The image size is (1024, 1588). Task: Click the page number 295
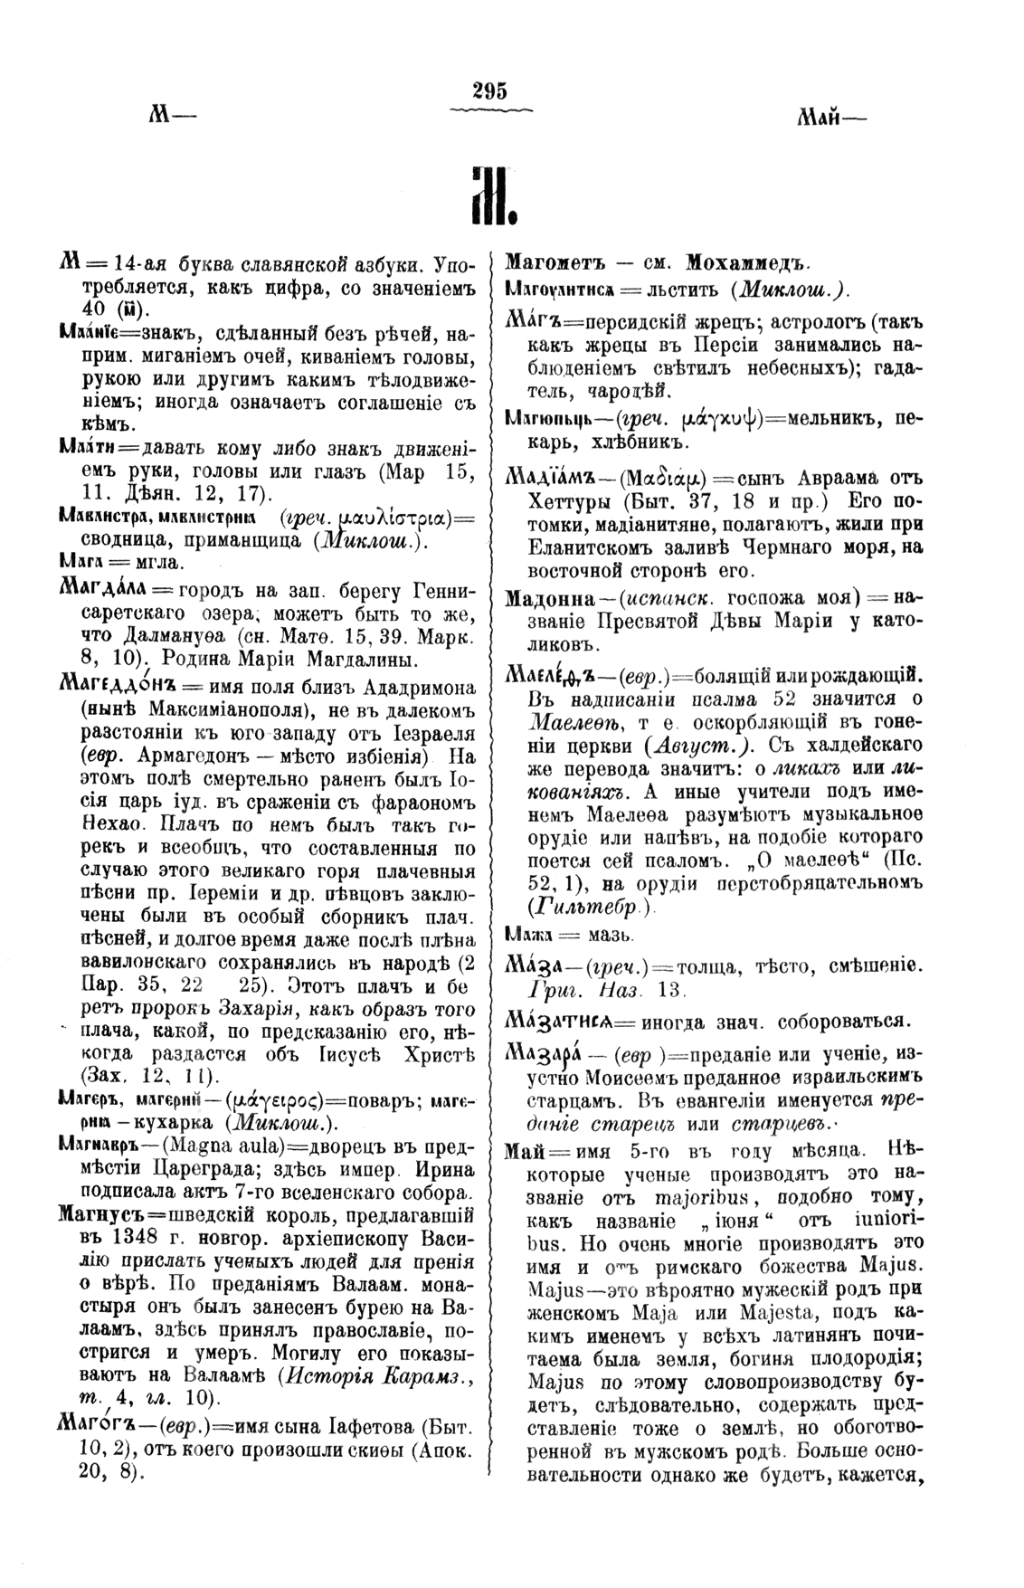(489, 90)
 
